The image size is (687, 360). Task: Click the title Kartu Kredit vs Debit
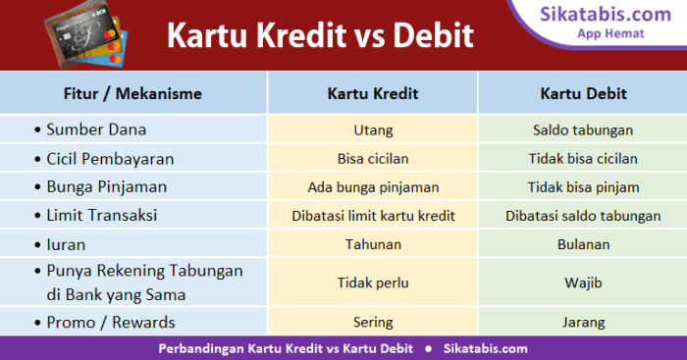[319, 36]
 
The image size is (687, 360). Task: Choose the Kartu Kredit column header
[373, 94]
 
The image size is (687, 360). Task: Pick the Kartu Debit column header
[583, 94]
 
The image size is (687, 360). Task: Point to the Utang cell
[372, 129]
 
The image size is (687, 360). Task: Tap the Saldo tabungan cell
[583, 129]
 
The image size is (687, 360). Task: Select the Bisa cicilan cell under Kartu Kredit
[372, 158]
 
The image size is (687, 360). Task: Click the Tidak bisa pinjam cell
[583, 186]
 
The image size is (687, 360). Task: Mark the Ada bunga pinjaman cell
[372, 186]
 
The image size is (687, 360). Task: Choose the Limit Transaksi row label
[102, 215]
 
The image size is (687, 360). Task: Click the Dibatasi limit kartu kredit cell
[372, 215]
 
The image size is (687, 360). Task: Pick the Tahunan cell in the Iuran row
[372, 243]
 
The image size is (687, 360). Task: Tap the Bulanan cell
[583, 243]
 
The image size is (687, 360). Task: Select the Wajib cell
[583, 283]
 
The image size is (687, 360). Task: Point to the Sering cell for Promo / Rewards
[372, 321]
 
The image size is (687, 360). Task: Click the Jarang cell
[583, 321]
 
